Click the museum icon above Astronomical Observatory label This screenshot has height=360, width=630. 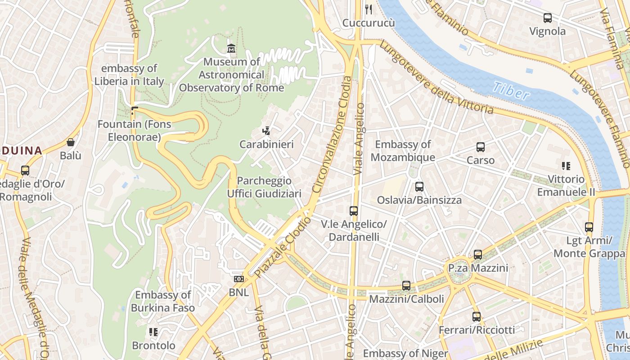[231, 48]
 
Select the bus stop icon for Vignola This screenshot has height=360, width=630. [547, 18]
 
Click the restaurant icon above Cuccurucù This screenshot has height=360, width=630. [369, 9]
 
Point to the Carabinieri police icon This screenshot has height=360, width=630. [266, 131]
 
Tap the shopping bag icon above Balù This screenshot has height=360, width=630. [71, 142]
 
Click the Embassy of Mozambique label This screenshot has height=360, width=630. [403, 151]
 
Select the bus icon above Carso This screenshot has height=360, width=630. [480, 147]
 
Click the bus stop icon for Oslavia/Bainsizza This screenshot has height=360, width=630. [419, 186]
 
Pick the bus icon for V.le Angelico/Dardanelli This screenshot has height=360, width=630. [353, 211]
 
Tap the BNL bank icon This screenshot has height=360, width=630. [238, 279]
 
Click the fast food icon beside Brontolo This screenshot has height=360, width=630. [153, 332]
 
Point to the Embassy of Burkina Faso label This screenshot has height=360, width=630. [163, 301]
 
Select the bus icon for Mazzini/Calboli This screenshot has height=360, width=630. [406, 285]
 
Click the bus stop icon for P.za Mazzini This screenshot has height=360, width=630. [477, 255]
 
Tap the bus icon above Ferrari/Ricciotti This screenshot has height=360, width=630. [476, 316]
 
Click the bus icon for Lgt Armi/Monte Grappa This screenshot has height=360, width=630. [589, 227]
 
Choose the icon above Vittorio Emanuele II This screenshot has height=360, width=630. [566, 166]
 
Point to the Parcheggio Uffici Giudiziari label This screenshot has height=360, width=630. [264, 187]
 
